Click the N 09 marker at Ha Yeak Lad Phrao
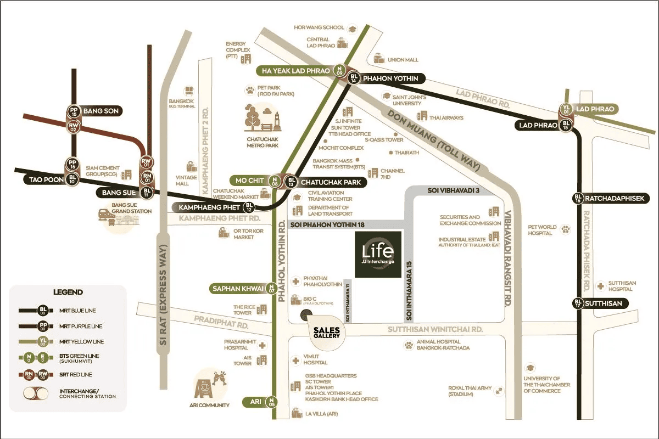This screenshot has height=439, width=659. pos(339,70)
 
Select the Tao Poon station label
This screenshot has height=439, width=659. pos(40,179)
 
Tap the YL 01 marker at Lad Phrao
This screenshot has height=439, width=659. pos(566,110)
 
